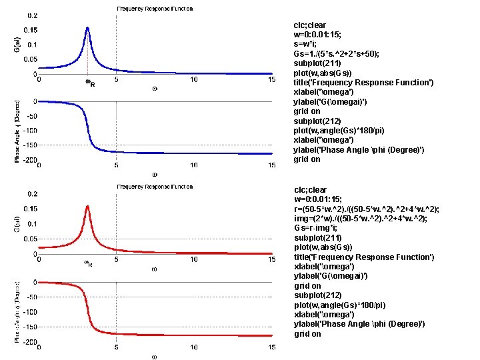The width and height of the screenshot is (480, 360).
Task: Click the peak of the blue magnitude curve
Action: pos(87,28)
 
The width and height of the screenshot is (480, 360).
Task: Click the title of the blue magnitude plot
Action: pos(155,9)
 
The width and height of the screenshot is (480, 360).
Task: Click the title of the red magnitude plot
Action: pos(155,187)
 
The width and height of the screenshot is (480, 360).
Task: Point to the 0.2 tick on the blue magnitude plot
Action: pos(31,15)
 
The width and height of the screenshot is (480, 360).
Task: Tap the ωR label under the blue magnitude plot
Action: pos(89,83)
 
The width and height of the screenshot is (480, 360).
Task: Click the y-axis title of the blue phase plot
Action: pos(17,131)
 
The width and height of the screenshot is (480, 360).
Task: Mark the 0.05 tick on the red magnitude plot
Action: pos(29,238)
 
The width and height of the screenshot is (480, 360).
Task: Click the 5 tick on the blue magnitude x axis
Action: pos(117,79)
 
